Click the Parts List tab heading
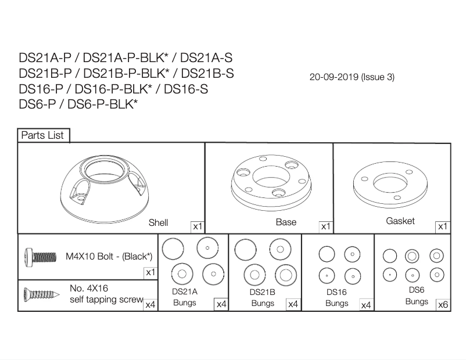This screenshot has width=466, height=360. coord(42,135)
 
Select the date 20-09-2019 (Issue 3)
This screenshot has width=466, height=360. coord(352,77)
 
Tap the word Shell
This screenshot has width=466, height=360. coord(158,222)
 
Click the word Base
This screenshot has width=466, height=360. coord(286,222)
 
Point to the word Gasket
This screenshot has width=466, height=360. coord(400,221)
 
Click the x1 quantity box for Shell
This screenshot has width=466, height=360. coord(198,227)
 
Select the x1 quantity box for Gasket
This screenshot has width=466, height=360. coord(443,227)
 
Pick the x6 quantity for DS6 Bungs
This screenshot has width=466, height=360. coord(443,305)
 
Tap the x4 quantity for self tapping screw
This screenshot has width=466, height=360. coord(150,305)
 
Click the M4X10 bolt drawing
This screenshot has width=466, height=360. coord(41,257)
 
